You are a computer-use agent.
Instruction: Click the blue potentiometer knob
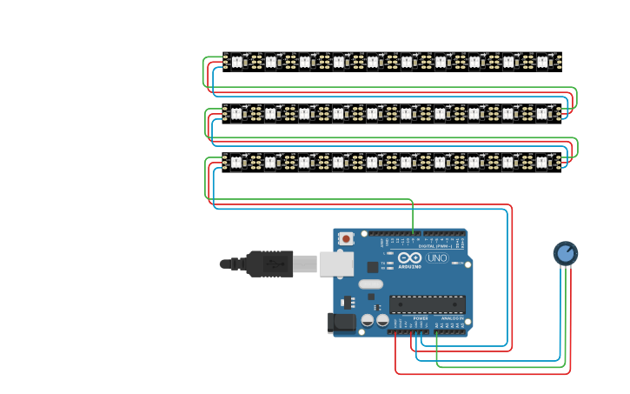point(565,253)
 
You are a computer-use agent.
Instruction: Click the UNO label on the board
point(437,258)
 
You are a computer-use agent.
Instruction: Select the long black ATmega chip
point(426,304)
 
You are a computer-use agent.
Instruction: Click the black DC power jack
point(342,323)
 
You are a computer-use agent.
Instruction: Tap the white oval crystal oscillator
point(370,284)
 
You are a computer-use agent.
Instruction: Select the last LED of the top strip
point(542,62)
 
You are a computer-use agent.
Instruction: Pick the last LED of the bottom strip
point(542,162)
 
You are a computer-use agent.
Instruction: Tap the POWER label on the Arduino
point(421,318)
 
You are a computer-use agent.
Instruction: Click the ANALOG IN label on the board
point(451,318)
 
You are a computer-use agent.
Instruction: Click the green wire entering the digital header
point(413,222)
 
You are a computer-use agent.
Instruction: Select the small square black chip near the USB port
point(373,267)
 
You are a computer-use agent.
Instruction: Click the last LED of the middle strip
point(542,112)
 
